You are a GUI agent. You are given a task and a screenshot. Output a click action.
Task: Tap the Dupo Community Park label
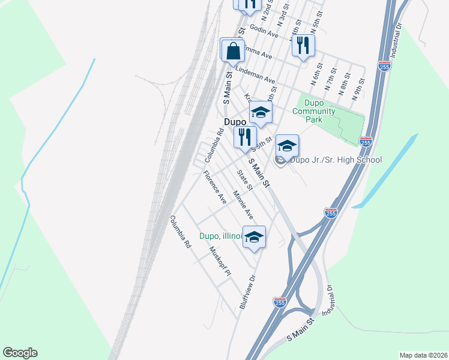[x=314, y=111]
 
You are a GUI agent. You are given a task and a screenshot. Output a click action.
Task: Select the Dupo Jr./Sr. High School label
[x=336, y=160]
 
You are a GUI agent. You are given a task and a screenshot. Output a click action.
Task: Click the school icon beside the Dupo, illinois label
[x=255, y=237]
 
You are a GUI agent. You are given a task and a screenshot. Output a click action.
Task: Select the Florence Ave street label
[x=214, y=187]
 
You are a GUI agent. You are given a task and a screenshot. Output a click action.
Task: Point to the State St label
[x=244, y=179]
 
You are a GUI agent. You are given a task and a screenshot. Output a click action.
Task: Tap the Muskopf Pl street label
[x=220, y=260]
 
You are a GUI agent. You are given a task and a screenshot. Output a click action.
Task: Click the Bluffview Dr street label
[x=249, y=292]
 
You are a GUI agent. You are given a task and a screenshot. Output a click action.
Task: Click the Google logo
[x=20, y=353]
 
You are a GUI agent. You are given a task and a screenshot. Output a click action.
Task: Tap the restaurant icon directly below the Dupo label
[x=245, y=137]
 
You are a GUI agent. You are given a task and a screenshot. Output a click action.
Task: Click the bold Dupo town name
[x=235, y=121]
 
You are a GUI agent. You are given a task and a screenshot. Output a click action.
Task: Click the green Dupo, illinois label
[x=220, y=236]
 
